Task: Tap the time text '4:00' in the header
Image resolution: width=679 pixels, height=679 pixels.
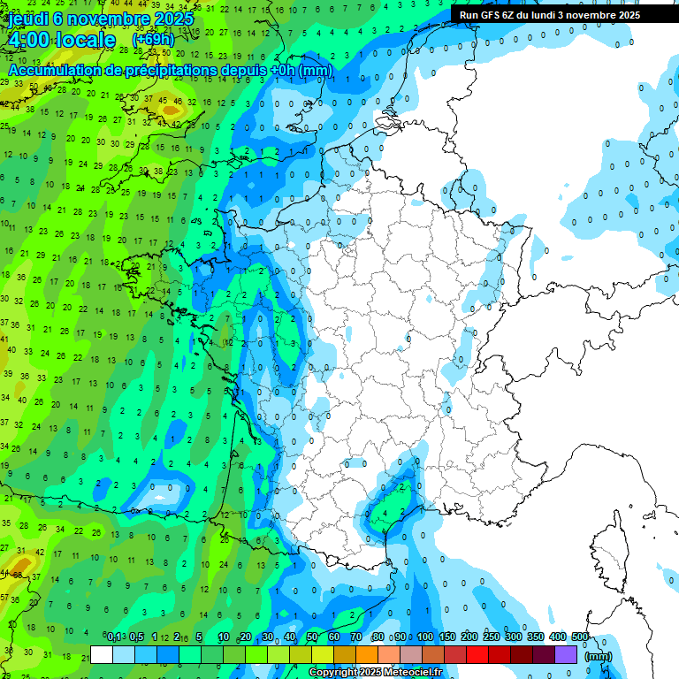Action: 26,41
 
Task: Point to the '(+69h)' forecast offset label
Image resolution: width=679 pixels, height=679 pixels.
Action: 153,40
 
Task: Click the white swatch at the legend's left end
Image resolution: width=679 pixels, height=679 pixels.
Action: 102,655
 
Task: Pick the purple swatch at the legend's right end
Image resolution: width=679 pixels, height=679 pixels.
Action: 566,655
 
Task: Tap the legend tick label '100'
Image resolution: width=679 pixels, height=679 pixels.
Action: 425,637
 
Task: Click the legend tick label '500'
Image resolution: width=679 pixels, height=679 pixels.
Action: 579,637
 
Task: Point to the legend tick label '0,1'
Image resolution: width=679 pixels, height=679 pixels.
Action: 114,637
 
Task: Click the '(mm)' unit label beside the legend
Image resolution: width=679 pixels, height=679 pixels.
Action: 599,656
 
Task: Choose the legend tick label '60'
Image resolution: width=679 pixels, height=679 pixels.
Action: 334,637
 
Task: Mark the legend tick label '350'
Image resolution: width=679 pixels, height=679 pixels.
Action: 536,637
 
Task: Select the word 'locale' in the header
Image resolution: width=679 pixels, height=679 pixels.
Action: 84,41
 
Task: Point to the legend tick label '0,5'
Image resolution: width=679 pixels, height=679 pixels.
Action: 137,637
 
